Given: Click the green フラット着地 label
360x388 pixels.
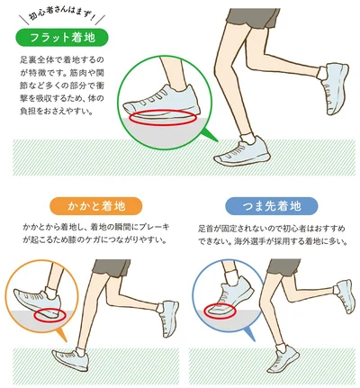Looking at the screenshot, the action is [62, 38].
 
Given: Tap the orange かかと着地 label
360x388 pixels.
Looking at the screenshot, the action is [96, 206].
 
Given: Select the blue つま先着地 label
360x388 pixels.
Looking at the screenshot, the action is [272, 206].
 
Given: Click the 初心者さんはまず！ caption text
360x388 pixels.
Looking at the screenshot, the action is [62, 17].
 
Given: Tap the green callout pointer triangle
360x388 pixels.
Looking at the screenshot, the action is [209, 135].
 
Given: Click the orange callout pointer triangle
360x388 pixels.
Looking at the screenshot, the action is [61, 334].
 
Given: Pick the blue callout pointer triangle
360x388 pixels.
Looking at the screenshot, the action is [249, 333].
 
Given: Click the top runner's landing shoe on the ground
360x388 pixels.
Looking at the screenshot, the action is [242, 152].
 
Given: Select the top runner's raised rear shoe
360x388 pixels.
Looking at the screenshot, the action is [335, 87].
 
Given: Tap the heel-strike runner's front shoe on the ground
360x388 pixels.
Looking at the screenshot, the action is [71, 359].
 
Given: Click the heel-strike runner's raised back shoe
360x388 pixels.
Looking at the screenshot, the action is [170, 319].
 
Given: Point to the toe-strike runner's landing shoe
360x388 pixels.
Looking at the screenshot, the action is [283, 358].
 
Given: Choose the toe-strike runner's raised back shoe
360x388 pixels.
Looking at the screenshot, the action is [346, 296].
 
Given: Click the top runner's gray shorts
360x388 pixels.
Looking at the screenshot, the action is [253, 18].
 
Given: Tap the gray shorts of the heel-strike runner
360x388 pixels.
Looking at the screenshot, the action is [112, 268].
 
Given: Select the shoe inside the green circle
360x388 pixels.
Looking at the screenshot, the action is [162, 101].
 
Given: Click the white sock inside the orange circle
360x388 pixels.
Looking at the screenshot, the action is [51, 293].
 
